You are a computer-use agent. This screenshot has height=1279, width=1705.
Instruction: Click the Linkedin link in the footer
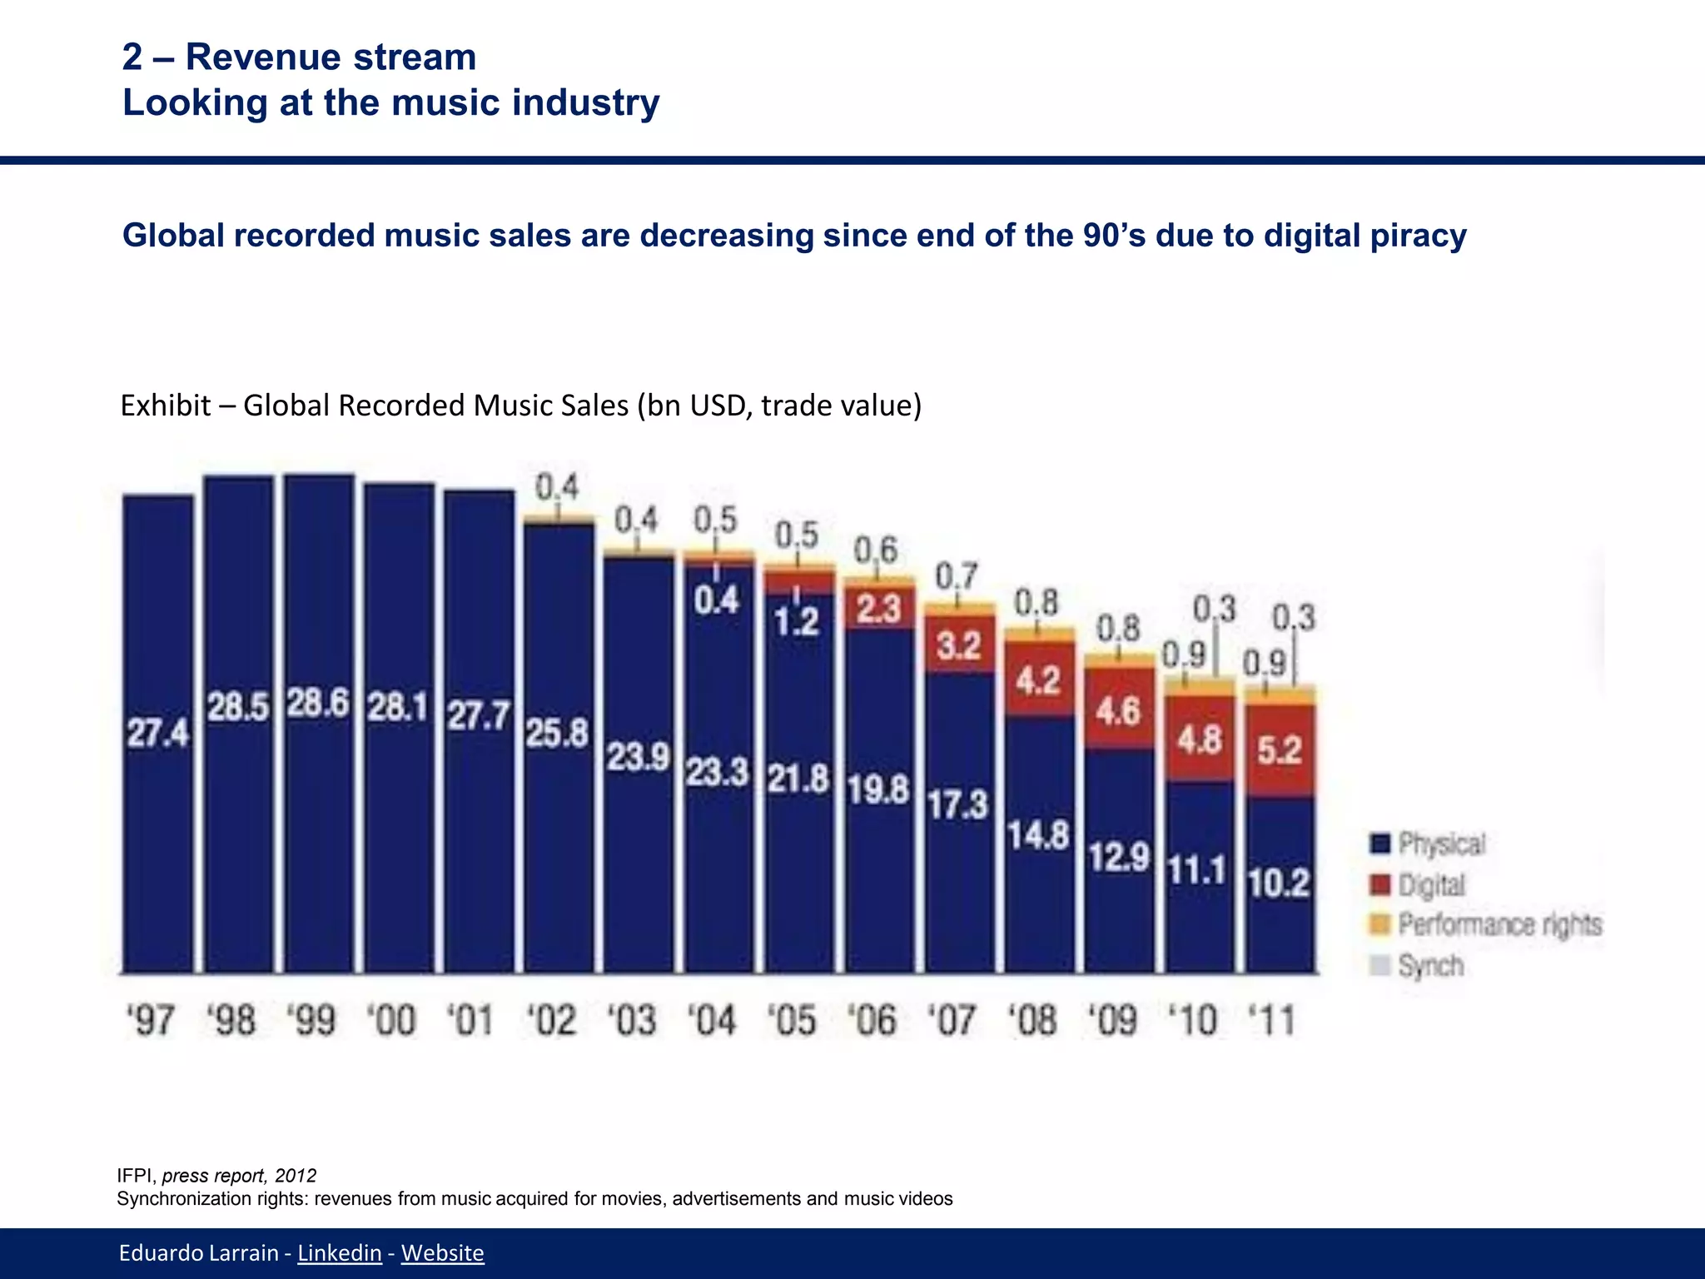pos(340,1252)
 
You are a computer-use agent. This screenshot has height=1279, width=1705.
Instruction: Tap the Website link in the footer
pos(442,1252)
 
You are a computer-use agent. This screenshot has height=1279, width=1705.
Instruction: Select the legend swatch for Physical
pos(1379,844)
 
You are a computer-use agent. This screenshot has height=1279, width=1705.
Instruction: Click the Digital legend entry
pos(1431,884)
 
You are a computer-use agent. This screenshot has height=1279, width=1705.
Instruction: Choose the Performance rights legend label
pos(1499,924)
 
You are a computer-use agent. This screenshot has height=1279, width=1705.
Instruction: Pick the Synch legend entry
pos(1430,965)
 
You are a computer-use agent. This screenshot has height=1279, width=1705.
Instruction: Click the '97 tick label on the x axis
pos(152,1020)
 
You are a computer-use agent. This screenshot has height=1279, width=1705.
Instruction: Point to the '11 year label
pos(1272,1020)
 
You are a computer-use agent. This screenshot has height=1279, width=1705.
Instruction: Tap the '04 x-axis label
pos(713,1020)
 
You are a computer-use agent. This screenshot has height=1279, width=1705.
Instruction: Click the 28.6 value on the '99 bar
pos(318,704)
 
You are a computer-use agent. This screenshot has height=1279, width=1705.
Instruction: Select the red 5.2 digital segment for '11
pos(1280,750)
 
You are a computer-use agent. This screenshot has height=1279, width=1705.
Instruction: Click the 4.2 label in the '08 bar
pos(1037,681)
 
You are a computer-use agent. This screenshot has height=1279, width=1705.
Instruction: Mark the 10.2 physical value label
pos(1280,883)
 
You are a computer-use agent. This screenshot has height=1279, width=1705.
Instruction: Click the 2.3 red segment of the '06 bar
pos(879,609)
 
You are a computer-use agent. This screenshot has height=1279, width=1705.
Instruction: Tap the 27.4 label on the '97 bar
pos(157,734)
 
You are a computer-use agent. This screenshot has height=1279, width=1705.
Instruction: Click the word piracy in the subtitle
pos(1416,236)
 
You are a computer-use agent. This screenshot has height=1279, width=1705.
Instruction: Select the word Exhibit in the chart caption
pos(166,406)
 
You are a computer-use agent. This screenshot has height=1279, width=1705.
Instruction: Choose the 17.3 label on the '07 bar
pos(957,804)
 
